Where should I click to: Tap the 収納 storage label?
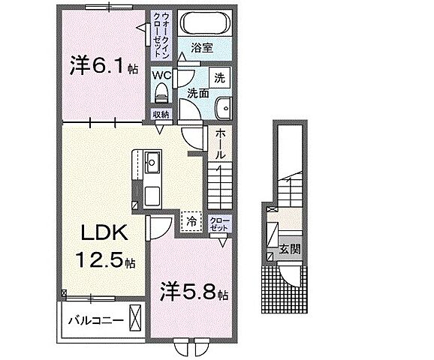(161, 114)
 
